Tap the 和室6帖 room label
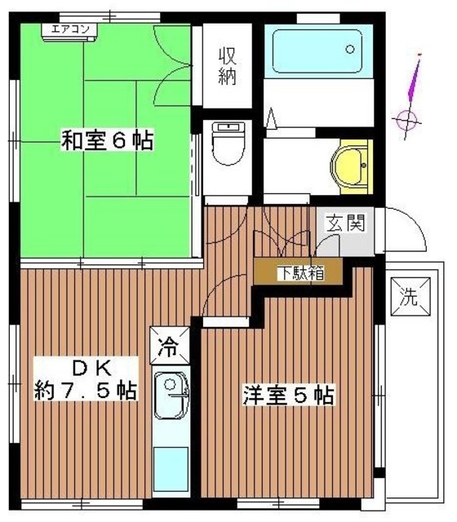pyautogui.click(x=107, y=139)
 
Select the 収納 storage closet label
pyautogui.click(x=228, y=67)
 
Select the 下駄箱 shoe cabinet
pyautogui.click(x=299, y=272)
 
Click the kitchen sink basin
pyautogui.click(x=170, y=391)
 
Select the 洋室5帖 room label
pyautogui.click(x=287, y=396)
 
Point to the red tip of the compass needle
pyautogui.click(x=419, y=59)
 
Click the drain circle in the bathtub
pyautogui.click(x=350, y=48)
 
